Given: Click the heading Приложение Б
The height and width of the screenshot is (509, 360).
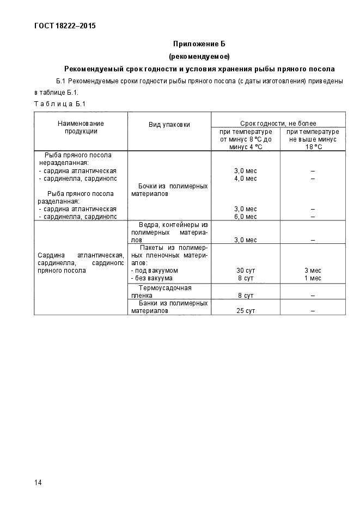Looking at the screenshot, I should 199,44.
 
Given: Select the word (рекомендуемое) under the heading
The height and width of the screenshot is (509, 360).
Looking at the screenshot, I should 199,56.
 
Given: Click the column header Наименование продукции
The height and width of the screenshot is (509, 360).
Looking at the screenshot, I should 81,127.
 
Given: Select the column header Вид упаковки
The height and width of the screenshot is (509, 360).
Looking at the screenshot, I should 169,125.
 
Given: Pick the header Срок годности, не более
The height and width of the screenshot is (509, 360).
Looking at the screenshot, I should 278,124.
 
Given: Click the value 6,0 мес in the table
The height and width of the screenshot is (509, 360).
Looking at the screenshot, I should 245,216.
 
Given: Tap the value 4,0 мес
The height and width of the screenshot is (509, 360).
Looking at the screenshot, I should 245,178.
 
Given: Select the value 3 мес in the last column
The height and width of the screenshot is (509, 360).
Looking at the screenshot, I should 313,271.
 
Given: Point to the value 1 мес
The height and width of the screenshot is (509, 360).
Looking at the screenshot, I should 313,278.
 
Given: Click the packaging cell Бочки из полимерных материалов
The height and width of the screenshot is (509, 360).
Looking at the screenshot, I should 169,189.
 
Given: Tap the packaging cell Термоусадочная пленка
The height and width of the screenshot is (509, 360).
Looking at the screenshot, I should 169,291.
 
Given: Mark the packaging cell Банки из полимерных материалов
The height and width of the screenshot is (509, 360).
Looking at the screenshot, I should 169,307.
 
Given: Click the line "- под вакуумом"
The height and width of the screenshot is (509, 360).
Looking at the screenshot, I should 155,271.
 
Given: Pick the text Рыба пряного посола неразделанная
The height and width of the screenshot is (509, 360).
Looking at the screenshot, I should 77,158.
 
